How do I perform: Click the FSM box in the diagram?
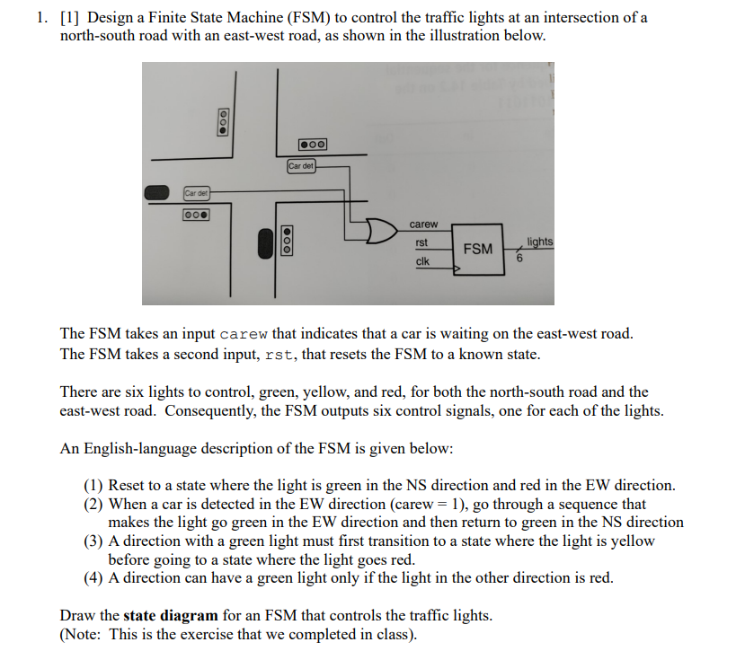[x=477, y=248]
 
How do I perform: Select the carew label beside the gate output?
[x=423, y=224]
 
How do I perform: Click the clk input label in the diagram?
[x=421, y=261]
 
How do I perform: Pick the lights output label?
[x=540, y=242]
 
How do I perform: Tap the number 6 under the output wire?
[x=519, y=260]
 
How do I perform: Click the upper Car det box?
[x=301, y=166]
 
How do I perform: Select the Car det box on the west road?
[x=195, y=192]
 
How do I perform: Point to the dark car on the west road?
[x=157, y=192]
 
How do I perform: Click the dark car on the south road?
[x=265, y=243]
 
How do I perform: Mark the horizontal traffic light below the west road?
[x=195, y=215]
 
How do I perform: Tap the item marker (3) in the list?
[x=94, y=541]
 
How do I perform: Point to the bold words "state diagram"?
[x=171, y=615]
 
